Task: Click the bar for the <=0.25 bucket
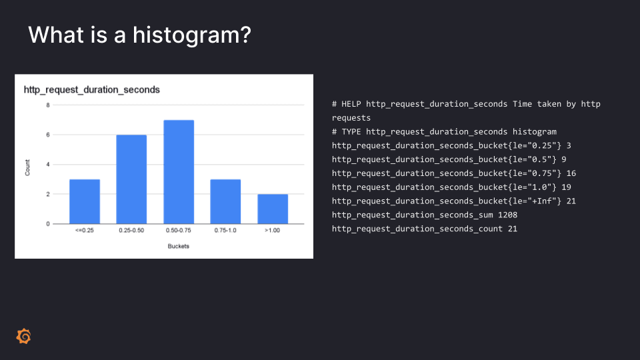[x=85, y=201]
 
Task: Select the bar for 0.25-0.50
[x=131, y=179]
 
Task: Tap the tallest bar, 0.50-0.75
[x=179, y=172]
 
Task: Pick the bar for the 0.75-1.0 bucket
[x=225, y=201]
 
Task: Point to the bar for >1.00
[x=273, y=209]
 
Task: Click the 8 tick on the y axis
[x=48, y=105]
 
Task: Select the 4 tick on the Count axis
[x=48, y=165]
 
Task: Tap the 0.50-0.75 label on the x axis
[x=179, y=231]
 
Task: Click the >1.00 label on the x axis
[x=272, y=231]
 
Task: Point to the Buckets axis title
[x=179, y=246]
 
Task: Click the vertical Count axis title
[x=27, y=168]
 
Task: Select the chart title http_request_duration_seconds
[x=92, y=90]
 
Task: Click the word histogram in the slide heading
[x=192, y=35]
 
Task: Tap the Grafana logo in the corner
[x=24, y=336]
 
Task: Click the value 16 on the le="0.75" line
[x=571, y=173]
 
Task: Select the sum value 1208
[x=507, y=215]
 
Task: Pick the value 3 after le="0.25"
[x=569, y=146]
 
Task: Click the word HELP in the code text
[x=351, y=104]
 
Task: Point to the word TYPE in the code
[x=351, y=132]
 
